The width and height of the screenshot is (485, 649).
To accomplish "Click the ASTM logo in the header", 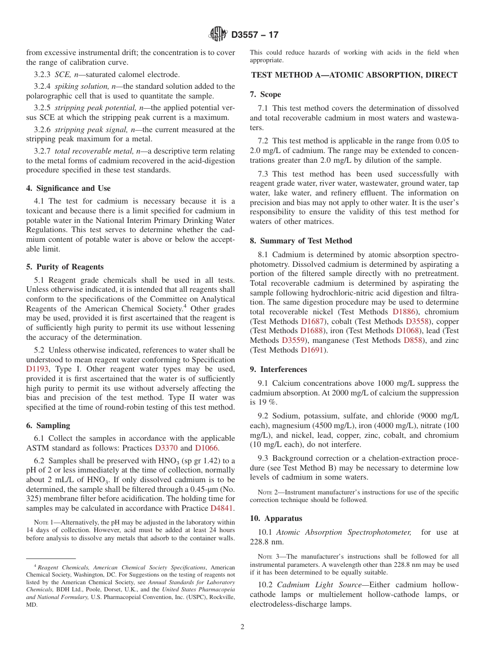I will click(218, 35).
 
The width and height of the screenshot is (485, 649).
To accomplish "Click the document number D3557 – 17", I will click(255, 35).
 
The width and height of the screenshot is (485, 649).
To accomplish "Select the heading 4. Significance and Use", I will click(68, 188).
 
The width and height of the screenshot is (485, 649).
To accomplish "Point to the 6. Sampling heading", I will click(48, 426).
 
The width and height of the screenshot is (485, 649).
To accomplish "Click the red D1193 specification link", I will click(37, 369).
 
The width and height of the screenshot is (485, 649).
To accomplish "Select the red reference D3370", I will click(166, 448).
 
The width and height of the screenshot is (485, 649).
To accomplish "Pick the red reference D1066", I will click(206, 448).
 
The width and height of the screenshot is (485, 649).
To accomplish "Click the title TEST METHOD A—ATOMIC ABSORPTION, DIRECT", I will click(354, 75).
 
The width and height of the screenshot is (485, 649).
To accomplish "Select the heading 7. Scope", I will click(265, 94).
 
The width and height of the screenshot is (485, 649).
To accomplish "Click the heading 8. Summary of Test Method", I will click(301, 241).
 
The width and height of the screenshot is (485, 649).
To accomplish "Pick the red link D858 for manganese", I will click(413, 340).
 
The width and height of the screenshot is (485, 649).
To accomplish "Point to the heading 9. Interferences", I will click(279, 369).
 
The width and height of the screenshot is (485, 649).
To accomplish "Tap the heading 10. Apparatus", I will click(276, 518).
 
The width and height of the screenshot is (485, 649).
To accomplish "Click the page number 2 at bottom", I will click(243, 627).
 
